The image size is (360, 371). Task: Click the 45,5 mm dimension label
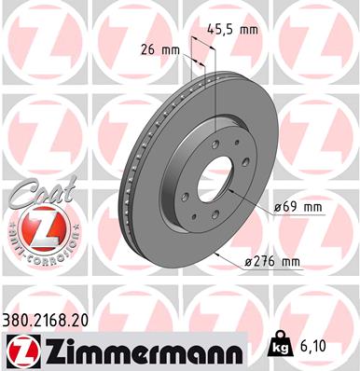(230, 30)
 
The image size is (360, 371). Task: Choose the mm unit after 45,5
(247, 30)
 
